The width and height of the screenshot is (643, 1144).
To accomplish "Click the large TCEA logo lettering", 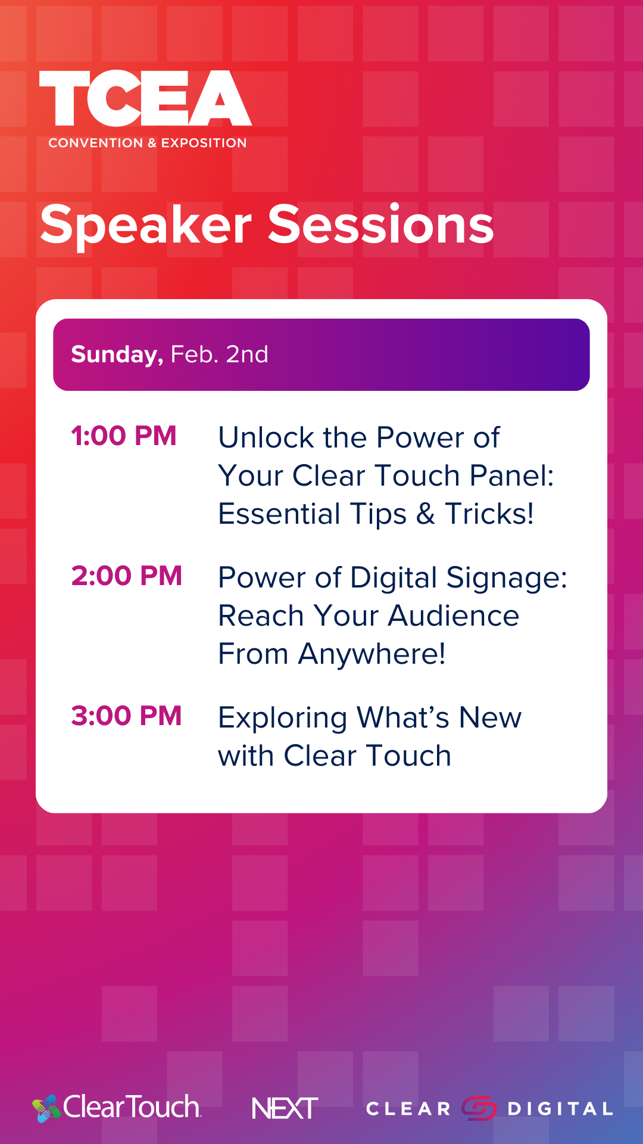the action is (x=146, y=98).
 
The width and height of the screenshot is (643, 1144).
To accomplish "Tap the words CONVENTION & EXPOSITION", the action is (x=148, y=143).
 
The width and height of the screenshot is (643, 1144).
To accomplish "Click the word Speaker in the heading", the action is (x=146, y=225).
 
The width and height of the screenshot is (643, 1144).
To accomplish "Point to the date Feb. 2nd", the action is (x=219, y=355).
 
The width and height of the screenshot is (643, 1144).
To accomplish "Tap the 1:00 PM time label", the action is (x=124, y=436).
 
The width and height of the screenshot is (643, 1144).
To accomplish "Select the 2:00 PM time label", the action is (x=126, y=576).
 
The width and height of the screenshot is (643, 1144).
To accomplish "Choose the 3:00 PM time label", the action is (x=126, y=716).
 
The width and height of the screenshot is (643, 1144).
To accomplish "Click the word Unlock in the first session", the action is (x=267, y=437).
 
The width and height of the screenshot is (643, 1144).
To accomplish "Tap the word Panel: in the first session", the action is (x=511, y=475).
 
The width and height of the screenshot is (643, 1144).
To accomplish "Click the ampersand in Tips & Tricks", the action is (x=426, y=514).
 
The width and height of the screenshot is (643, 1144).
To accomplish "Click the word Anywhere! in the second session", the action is (x=372, y=654).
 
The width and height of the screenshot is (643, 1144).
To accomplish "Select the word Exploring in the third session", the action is (x=283, y=718).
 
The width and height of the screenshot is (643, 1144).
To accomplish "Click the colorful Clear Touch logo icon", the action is (x=46, y=1109).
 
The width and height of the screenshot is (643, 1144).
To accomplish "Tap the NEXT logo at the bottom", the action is (x=285, y=1108).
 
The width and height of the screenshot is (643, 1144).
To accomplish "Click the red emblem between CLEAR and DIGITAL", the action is (x=479, y=1108).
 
